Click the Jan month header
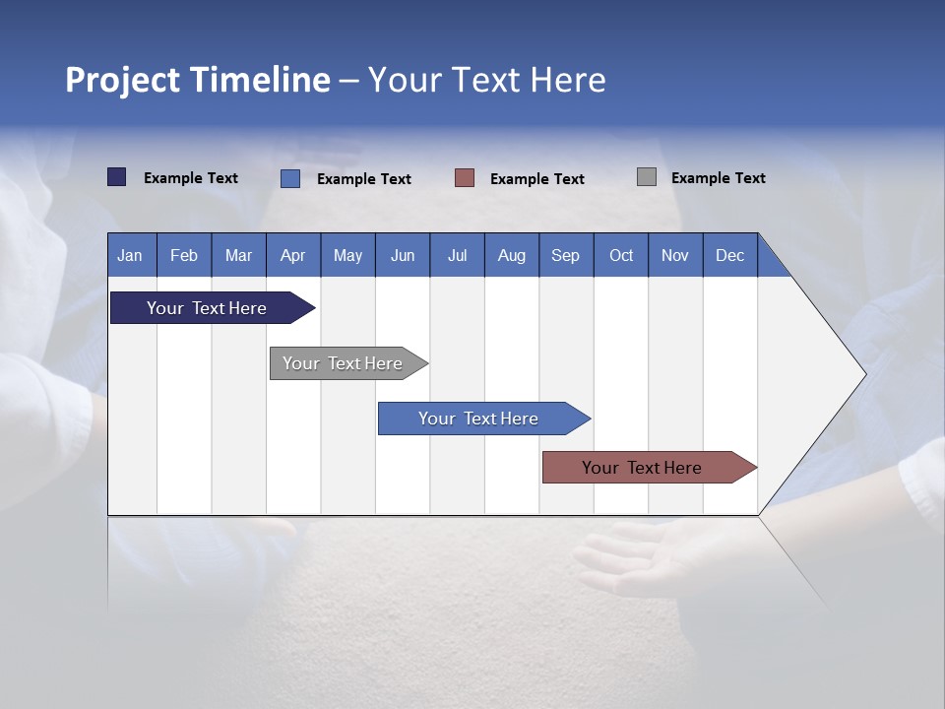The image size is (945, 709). pyautogui.click(x=130, y=255)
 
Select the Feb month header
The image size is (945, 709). pyautogui.click(x=184, y=255)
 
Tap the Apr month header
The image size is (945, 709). pyautogui.click(x=293, y=255)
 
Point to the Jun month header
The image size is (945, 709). pyautogui.click(x=403, y=255)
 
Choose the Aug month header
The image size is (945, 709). pyautogui.click(x=512, y=255)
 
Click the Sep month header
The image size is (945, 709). pyautogui.click(x=566, y=255)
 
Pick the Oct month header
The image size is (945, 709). pyautogui.click(x=621, y=255)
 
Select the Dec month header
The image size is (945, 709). pyautogui.click(x=730, y=255)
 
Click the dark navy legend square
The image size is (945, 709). pyautogui.click(x=117, y=177)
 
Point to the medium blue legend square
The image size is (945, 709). pyautogui.click(x=290, y=178)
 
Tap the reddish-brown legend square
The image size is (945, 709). pyautogui.click(x=465, y=178)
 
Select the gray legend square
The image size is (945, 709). pyautogui.click(x=647, y=177)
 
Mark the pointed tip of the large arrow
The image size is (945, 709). pyautogui.click(x=864, y=374)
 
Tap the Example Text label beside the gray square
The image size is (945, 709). pyautogui.click(x=718, y=178)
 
